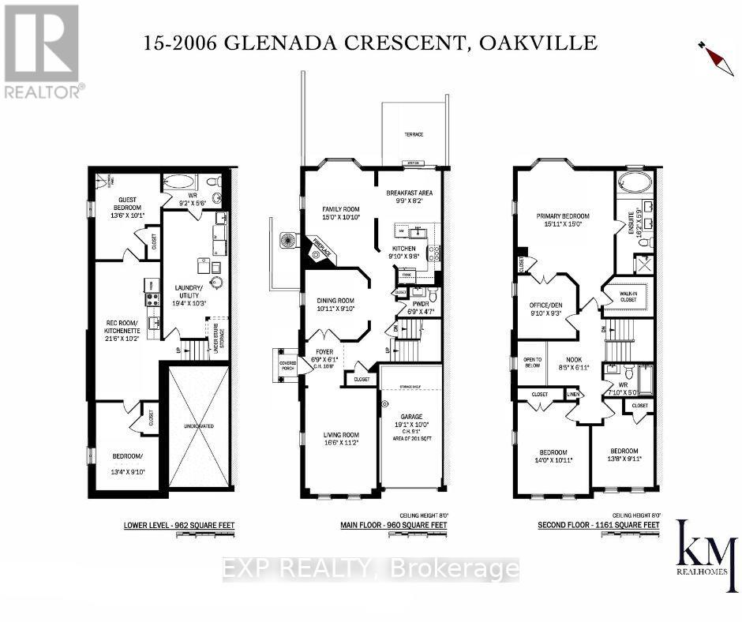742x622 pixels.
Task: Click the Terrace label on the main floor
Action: tap(414, 135)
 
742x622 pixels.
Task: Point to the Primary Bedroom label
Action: tap(563, 215)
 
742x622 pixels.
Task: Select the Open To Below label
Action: tap(532, 362)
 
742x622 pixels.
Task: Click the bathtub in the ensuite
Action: tap(635, 182)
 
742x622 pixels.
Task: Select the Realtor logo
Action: tap(41, 51)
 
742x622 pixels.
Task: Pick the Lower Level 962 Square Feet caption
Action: tap(178, 525)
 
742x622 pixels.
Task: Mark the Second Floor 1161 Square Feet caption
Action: tap(598, 525)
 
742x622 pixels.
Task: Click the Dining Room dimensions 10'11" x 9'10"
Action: tap(336, 309)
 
